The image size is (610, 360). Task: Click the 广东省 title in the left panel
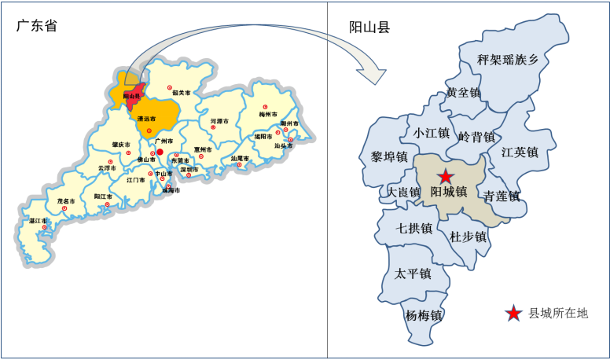pos(38,25)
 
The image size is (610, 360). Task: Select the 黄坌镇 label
pos(463,92)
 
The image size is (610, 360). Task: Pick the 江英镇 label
pos(520,152)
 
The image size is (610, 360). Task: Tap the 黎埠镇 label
pos(389,157)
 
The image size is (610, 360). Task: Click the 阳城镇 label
pos(449,192)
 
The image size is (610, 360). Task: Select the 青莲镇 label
pos(502,197)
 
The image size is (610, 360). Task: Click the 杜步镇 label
pos(469,236)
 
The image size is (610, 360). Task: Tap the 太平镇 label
pos(413,274)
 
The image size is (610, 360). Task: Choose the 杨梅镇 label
pos(424,316)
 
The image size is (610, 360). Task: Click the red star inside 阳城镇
pos(446,176)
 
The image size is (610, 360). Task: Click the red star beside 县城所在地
pos(513,314)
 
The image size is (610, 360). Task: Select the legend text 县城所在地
pos(558,314)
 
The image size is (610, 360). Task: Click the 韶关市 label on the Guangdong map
pos(182,93)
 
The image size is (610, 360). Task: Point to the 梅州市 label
pos(270,115)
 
